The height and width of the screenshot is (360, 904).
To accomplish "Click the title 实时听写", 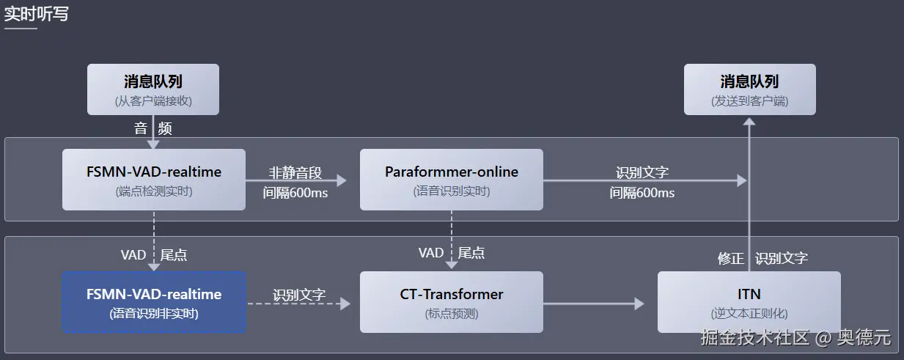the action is click(36, 13).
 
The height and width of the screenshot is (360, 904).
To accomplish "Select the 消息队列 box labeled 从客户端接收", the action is click(152, 89).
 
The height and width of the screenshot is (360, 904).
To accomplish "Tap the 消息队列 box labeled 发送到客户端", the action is click(749, 89).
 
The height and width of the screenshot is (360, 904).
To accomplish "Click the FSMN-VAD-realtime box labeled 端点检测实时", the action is click(153, 180).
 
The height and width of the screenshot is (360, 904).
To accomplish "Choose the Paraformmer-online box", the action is click(451, 180).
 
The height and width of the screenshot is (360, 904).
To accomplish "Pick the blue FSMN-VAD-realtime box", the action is click(153, 302).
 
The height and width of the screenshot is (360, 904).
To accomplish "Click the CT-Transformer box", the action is click(451, 302).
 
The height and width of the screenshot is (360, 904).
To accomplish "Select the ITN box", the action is click(749, 302).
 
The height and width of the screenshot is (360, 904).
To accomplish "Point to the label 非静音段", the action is click(295, 173).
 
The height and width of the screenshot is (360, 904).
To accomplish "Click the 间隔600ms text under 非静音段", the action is click(295, 194).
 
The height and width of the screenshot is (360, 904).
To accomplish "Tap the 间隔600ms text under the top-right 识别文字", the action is click(642, 193).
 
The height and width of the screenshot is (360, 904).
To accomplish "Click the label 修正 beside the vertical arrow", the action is click(730, 258).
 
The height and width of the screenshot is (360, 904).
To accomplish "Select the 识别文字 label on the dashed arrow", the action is click(298, 295).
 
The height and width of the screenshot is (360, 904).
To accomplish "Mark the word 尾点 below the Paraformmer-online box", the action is click(471, 253).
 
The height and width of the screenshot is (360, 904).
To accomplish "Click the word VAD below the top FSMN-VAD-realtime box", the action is click(133, 255).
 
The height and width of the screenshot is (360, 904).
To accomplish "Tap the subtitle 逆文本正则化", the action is click(749, 314).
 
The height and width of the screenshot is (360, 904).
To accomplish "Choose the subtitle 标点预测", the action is click(451, 314).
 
